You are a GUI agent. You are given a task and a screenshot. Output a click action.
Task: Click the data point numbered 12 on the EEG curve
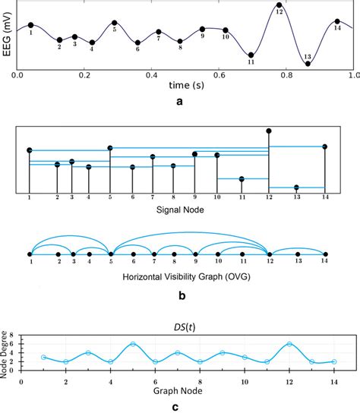point(279,6)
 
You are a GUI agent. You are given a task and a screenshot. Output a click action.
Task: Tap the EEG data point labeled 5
point(113,23)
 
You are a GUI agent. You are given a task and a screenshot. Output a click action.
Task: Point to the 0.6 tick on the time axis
point(219,76)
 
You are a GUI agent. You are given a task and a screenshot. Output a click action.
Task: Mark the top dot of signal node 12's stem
point(268,131)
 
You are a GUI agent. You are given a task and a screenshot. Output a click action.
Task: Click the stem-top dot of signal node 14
point(325,146)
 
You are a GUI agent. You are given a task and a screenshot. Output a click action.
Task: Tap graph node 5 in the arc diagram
point(110,253)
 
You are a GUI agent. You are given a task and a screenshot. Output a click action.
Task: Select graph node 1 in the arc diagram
point(29,253)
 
